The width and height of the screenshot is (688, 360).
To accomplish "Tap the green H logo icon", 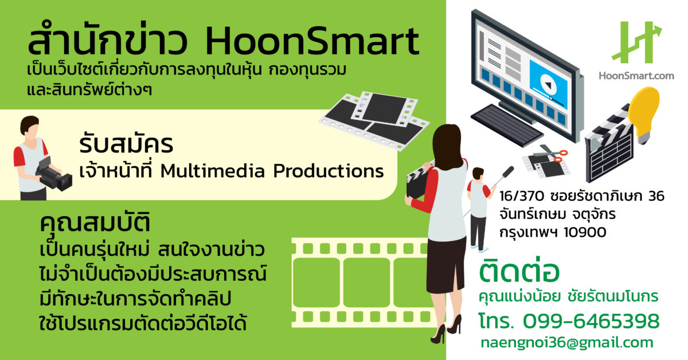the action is (636, 42).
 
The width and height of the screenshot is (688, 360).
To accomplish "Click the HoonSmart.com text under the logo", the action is (636, 76).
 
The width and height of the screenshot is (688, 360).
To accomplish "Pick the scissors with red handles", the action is (552, 154).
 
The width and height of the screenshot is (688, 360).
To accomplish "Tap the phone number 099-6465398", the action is (591, 322).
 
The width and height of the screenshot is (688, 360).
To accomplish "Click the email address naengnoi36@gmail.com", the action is (567, 343).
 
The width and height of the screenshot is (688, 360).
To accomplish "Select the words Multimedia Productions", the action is (272, 171).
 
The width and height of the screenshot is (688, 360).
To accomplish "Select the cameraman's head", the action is (29, 127).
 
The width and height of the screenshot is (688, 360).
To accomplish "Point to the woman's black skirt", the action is (446, 264).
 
